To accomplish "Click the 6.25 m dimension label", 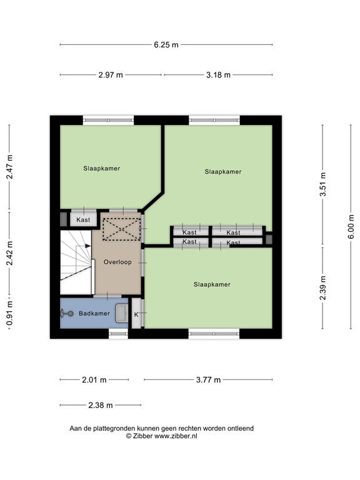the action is tap(166, 45).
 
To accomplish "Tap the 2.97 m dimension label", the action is tap(111, 75).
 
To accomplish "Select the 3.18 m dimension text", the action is tap(218, 75).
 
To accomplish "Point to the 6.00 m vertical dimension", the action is tap(351, 226).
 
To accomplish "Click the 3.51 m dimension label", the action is tap(323, 184).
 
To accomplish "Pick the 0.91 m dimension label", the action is tap(10, 313).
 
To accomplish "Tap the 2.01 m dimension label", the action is tap(94, 380).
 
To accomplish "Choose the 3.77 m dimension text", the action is tap(208, 380).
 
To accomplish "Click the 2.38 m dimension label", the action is tap(101, 405).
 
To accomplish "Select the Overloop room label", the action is tap(117, 262).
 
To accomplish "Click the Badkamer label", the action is tap(94, 314).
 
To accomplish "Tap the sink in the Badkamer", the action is tap(121, 314).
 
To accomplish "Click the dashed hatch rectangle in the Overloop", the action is tap(121, 229).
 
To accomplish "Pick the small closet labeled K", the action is tap(136, 314).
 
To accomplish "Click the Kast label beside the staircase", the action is tap(83, 220).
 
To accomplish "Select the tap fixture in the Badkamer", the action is tap(67, 314).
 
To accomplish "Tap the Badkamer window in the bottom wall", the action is tap(119, 334).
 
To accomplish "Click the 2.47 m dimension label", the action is tap(10, 167).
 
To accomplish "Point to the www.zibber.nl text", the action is tap(176, 436).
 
